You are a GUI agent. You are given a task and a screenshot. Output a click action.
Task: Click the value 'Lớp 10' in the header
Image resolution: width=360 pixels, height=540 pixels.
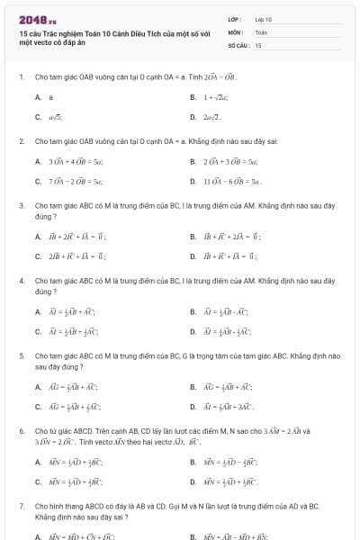coord(263,19)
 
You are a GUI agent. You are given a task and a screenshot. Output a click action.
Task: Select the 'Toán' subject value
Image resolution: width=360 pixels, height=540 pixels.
coord(261,31)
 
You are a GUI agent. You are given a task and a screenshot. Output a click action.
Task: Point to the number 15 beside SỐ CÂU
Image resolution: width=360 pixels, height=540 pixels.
coord(258,44)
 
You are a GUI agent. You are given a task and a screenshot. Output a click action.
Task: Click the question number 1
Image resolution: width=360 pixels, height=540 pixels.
coord(21,76)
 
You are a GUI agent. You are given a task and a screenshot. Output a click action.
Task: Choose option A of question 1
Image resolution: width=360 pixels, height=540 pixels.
coord(39,96)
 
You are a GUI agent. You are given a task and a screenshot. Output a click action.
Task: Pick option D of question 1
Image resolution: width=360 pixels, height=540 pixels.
coord(193,117)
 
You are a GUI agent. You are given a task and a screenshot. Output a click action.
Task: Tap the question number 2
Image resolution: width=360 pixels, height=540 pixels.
coord(21,142)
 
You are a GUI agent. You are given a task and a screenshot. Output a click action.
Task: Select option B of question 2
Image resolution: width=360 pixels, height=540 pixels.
coord(193,162)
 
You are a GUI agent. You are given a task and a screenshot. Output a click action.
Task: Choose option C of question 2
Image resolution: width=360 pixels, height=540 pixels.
coord(39,182)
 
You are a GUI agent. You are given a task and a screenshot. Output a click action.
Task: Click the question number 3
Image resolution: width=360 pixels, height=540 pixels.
coord(21,206)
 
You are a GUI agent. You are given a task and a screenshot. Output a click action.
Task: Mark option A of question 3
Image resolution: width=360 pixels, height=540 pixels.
coord(39,237)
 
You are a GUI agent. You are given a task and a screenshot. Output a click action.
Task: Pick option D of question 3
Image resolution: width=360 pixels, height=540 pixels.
coord(193,256)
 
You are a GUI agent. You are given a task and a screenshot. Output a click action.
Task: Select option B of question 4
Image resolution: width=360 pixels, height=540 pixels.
coord(193,311)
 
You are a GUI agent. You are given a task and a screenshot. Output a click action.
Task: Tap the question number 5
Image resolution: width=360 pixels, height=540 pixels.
coord(21,356)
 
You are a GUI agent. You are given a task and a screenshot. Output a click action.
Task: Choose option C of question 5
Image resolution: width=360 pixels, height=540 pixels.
coord(39,407)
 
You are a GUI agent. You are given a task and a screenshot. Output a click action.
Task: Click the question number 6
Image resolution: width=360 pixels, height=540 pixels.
coord(21,431)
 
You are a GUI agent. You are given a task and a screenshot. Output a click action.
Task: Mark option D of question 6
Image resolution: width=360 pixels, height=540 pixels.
coord(193,481)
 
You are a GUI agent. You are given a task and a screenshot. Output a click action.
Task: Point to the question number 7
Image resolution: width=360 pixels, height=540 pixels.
coord(21,507)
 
